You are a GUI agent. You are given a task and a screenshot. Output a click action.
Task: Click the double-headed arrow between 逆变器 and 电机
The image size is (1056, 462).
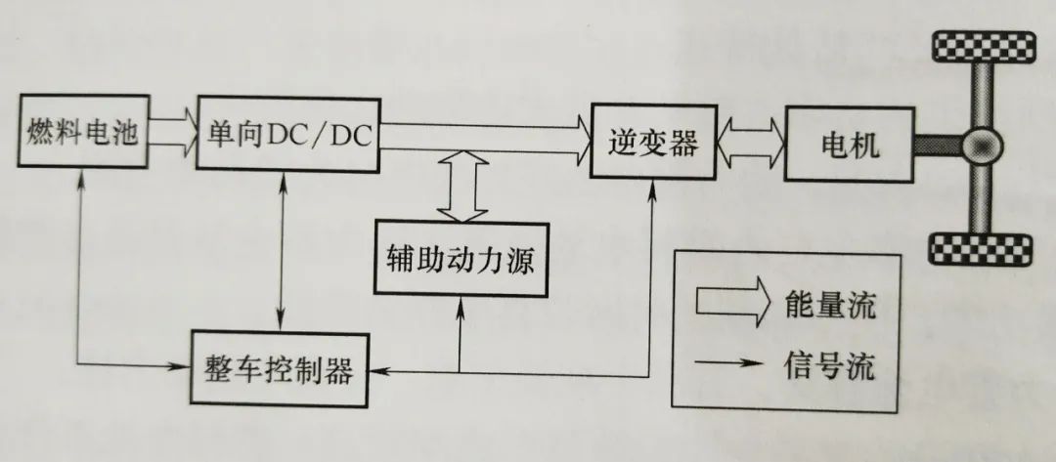(x=750, y=145)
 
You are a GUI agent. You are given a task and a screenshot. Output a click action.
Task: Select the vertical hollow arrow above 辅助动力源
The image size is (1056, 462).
(x=460, y=187)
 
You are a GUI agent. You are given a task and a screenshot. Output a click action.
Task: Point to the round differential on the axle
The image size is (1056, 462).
(x=983, y=147)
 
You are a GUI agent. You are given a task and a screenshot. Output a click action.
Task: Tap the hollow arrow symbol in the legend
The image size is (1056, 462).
(x=733, y=304)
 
